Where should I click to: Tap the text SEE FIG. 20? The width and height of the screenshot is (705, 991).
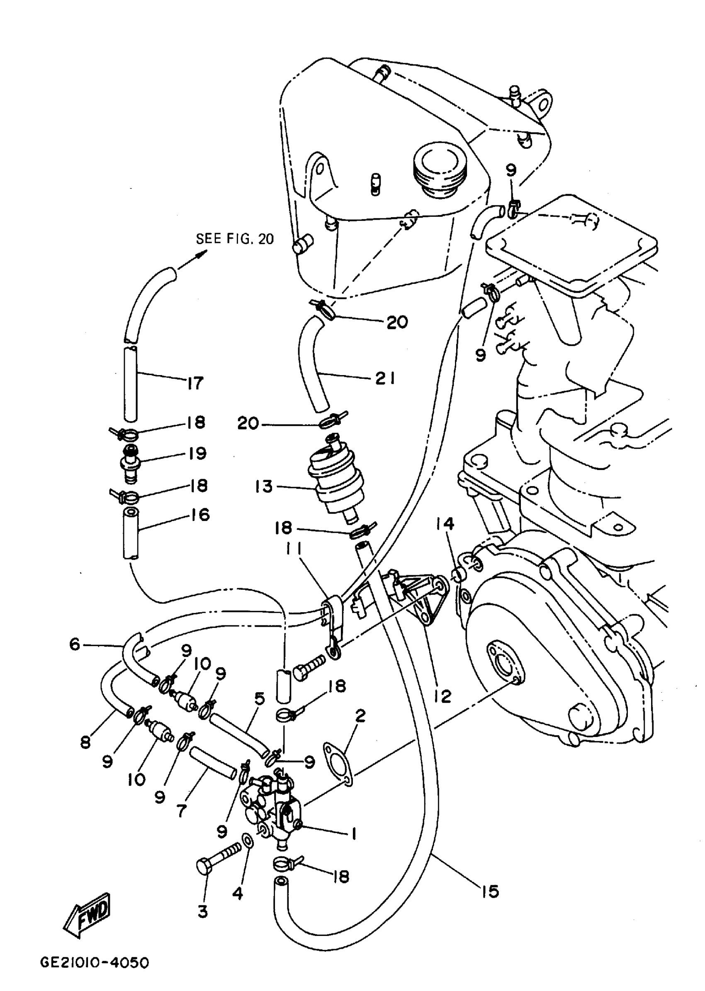235,239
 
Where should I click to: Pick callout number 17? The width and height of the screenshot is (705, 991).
195,383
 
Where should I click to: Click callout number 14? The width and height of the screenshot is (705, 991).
445,524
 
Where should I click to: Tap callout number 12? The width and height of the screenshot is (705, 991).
443,696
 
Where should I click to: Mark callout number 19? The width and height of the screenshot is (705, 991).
197,453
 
